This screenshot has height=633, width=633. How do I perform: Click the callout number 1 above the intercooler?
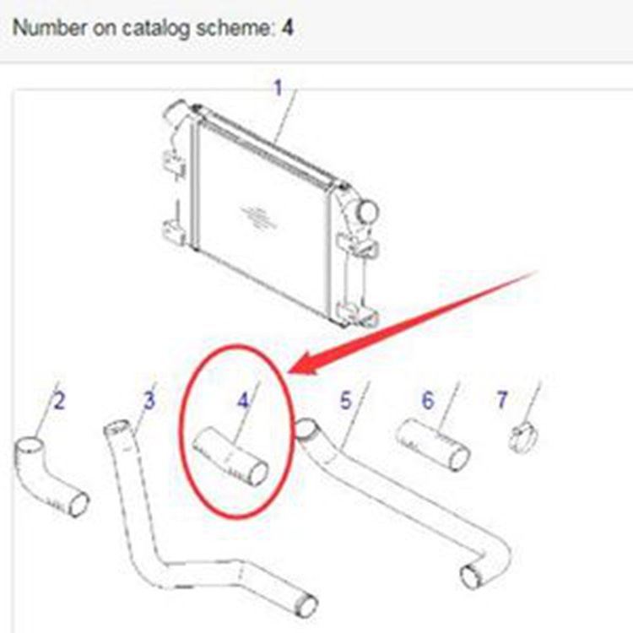[x=278, y=88]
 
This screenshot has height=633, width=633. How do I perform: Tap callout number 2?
[x=59, y=401]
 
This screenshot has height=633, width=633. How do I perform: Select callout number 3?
[x=149, y=400]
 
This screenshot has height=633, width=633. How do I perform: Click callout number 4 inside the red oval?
[x=243, y=400]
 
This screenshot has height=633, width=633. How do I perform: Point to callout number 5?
[x=345, y=401]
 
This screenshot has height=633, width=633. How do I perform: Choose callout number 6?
[x=428, y=400]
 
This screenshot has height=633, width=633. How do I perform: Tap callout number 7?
[x=502, y=400]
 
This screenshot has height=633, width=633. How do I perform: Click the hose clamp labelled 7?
[x=523, y=439]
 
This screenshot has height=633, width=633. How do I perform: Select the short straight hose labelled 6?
[x=432, y=444]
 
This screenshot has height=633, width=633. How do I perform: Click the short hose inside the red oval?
[x=230, y=456]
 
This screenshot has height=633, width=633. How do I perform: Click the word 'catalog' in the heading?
[x=155, y=28]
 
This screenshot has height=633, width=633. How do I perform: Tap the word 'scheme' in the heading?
[x=235, y=28]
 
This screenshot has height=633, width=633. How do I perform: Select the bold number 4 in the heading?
[x=288, y=28]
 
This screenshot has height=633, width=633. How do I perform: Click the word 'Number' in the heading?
[x=50, y=28]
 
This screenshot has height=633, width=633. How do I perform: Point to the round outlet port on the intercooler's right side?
[x=367, y=211]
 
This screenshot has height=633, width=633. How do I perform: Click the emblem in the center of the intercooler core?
[x=257, y=217]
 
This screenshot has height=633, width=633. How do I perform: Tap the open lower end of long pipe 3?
[x=307, y=605]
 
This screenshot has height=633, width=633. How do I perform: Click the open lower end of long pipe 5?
[x=471, y=576]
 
